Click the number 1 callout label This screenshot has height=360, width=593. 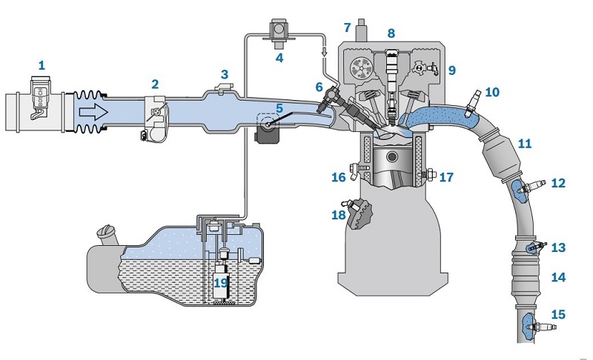click(42, 65)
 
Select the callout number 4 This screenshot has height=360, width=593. click(279, 57)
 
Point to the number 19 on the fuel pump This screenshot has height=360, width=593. click(221, 282)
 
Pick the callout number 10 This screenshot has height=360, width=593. click(492, 93)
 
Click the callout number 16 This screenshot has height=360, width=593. click(338, 178)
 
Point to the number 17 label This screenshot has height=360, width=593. click(446, 177)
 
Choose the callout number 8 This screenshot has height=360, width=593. click(391, 33)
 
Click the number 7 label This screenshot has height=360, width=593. click(346, 27)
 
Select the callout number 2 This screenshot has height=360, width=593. click(155, 84)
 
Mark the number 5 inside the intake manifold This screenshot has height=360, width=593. click(279, 108)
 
